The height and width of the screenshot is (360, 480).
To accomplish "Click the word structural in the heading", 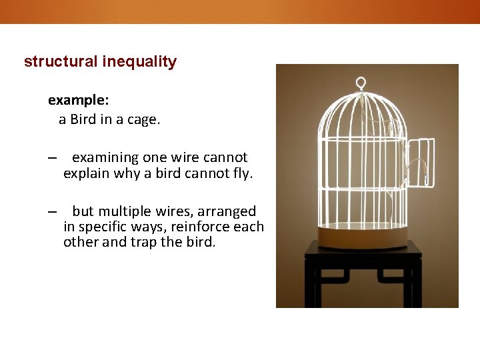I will coord(61,62).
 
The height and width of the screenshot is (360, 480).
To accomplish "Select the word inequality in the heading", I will coord(139,62).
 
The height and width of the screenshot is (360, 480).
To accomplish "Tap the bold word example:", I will coord(78,100).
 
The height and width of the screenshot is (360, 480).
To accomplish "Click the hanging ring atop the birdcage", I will coord(361,83).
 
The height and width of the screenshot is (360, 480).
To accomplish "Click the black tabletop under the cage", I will coord(363,250).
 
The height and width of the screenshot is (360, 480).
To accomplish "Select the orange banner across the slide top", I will coord(240,11).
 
